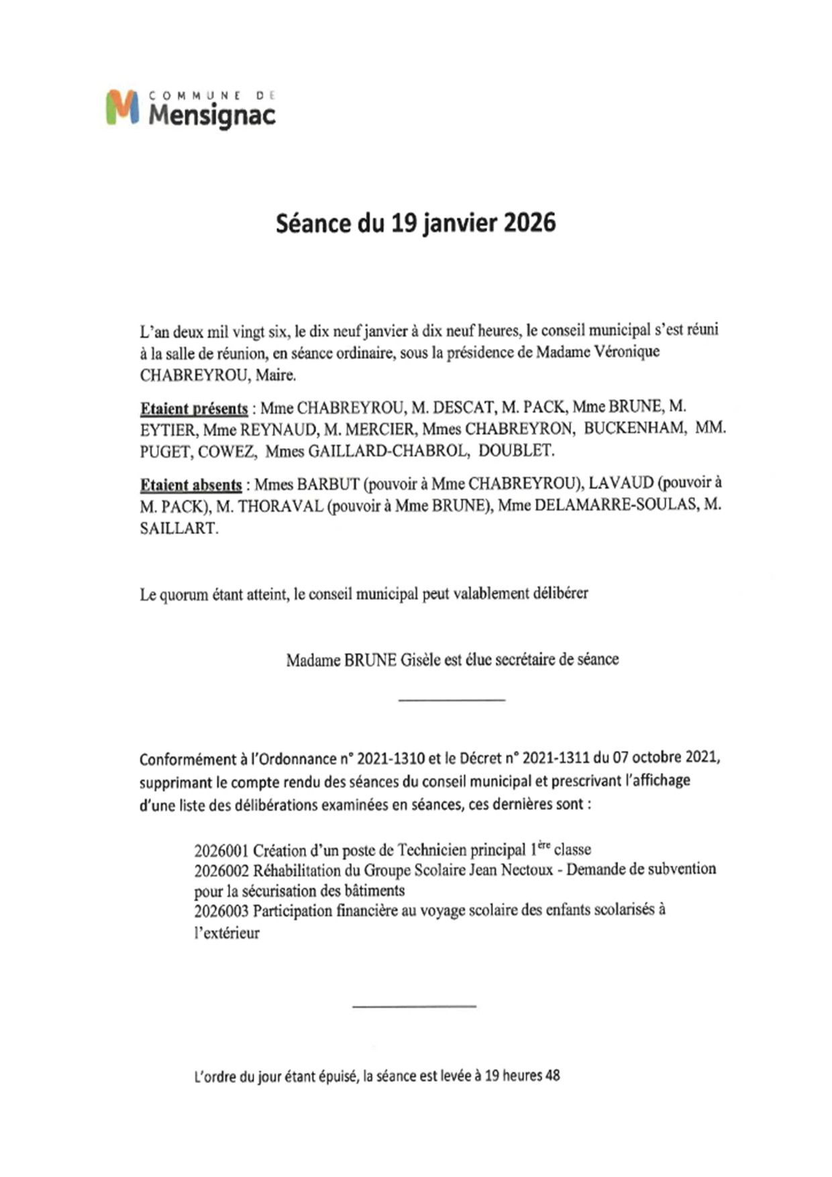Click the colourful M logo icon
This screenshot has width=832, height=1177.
point(122,107)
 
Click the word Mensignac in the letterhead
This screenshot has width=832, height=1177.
point(212,115)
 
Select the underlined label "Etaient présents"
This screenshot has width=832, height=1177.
point(194,409)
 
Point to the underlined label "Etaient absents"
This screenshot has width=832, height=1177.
point(191,484)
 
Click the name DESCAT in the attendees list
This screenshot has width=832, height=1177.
point(462,407)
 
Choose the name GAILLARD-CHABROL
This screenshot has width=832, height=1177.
point(388,451)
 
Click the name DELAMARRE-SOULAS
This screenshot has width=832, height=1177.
point(615,505)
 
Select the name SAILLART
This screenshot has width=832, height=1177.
point(178,528)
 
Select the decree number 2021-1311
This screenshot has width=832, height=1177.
point(556,758)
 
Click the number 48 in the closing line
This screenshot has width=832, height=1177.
point(552,1076)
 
